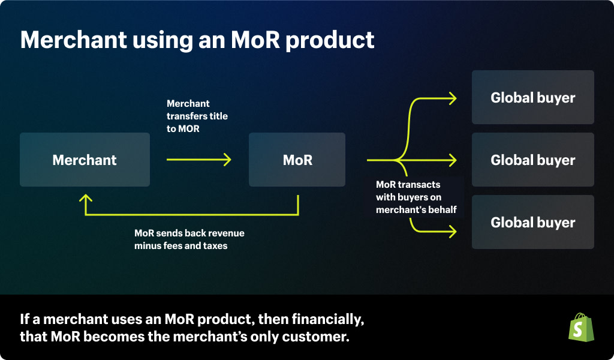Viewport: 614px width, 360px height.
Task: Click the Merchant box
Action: pos(85,160)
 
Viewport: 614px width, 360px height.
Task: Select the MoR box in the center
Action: pos(297,160)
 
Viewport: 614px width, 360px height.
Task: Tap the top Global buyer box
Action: pos(532,97)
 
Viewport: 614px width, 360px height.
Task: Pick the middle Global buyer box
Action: pos(532,160)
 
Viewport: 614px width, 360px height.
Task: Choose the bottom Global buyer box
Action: pos(532,222)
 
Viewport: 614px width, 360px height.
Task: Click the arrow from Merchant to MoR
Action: pos(198,160)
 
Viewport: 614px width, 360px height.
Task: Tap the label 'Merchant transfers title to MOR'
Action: pos(197,116)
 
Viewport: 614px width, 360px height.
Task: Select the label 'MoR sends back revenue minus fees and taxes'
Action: pos(189,239)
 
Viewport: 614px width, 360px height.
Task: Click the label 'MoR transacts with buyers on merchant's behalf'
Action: pos(416,197)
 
